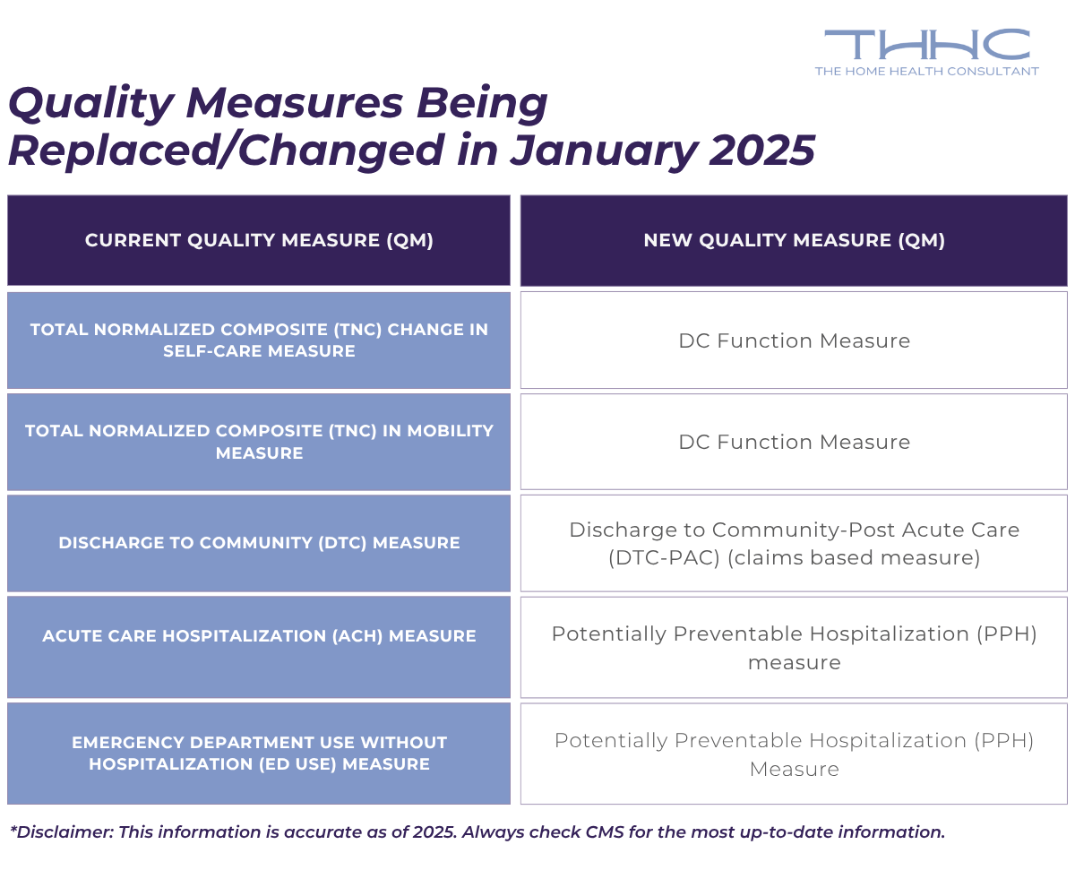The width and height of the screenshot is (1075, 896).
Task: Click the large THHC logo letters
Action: (x=926, y=45)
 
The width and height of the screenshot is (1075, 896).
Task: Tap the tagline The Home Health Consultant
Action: (x=926, y=71)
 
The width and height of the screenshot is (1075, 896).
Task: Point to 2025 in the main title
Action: (x=761, y=151)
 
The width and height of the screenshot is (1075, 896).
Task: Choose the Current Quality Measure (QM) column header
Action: (x=259, y=240)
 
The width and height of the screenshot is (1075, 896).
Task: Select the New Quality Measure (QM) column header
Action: (x=794, y=240)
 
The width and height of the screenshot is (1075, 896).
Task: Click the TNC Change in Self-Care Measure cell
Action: (x=259, y=340)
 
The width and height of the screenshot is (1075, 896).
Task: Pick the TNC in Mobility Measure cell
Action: (x=259, y=442)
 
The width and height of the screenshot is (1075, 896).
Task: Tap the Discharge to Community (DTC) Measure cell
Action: (x=259, y=543)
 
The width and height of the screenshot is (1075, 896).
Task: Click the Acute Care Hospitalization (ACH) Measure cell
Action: (x=259, y=636)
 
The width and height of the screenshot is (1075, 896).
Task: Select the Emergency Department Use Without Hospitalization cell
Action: (x=259, y=754)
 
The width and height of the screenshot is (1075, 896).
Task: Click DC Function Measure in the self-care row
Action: (x=794, y=340)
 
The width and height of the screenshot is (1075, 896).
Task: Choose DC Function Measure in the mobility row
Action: (x=794, y=442)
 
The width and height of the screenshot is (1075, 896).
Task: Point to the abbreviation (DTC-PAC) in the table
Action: (x=663, y=558)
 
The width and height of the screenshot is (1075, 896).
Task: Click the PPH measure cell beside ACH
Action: (x=794, y=647)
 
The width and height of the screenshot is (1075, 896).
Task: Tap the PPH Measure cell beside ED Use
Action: (x=794, y=754)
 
